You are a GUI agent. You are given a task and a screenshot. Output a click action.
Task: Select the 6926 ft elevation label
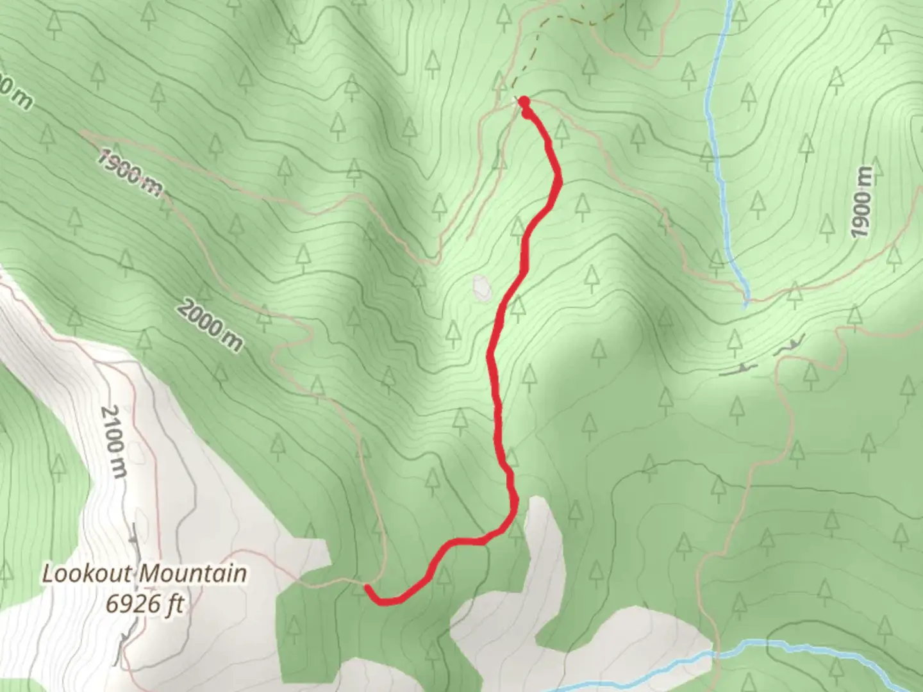tap(145, 604)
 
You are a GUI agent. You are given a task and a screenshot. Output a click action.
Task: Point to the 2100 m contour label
tap(115, 441)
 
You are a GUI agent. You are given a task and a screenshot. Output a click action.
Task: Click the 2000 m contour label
tap(210, 326)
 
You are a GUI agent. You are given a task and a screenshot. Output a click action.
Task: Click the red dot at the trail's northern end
tap(524, 102)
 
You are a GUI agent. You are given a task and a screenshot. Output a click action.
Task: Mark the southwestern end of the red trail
tap(367, 586)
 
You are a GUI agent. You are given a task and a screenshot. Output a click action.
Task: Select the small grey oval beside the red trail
tap(481, 287)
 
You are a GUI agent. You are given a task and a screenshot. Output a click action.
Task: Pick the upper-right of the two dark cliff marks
tap(788, 346)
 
